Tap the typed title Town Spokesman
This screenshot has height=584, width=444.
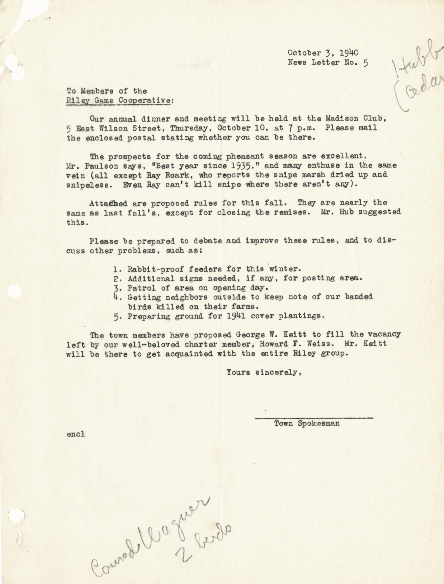(307, 424)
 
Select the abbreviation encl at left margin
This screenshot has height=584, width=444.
(76, 434)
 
